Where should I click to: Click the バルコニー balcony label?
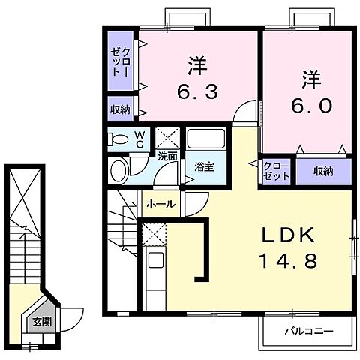click(307, 330)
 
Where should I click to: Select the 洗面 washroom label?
click(167, 157)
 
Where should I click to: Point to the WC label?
click(139, 139)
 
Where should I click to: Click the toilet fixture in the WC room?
click(118, 139)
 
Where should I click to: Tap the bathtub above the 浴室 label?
click(205, 140)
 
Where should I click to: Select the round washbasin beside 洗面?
click(119, 171)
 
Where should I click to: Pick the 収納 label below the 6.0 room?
click(323, 171)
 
